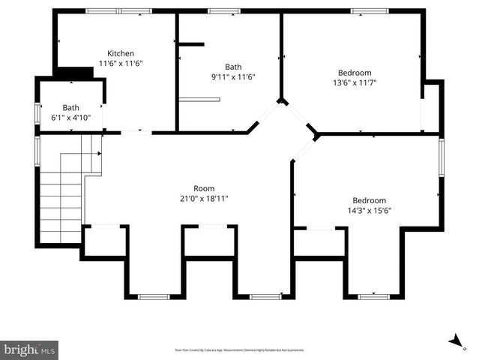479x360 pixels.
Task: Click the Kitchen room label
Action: [x=121, y=53]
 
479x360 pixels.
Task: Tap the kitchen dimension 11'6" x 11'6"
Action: [x=121, y=64]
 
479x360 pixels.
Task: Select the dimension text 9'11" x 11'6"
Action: [x=233, y=76]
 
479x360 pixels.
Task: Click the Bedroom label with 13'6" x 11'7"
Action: [x=355, y=73]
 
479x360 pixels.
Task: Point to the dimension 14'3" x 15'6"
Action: [x=369, y=211]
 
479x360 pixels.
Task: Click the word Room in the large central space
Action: [x=204, y=188]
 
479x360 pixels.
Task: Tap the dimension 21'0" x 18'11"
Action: [x=204, y=199]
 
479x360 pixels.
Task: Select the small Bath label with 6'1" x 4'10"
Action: [x=71, y=107]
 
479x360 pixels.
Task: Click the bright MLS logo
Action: [x=29, y=349]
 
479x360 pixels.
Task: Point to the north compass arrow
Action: [x=456, y=341]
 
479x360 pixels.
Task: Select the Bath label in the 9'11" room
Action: [x=233, y=66]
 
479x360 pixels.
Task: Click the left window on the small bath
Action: [x=37, y=112]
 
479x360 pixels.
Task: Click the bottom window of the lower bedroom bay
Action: [x=373, y=296]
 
